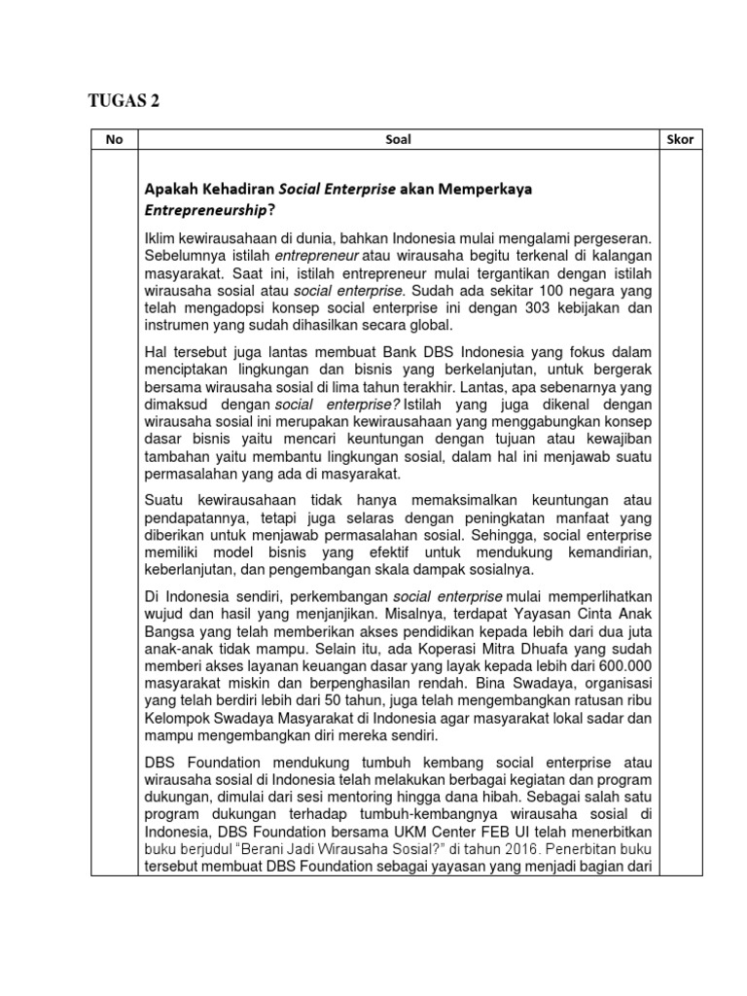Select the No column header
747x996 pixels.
coord(115,139)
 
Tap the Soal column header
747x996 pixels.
coord(399,139)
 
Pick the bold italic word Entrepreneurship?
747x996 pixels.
coord(208,210)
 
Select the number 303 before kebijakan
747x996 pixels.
coord(506,307)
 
